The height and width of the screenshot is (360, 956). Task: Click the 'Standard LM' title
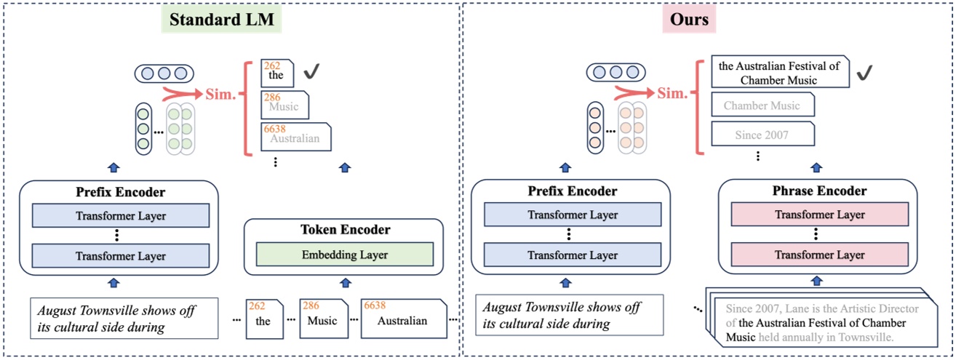(x=222, y=20)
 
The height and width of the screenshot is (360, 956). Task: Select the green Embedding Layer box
(x=345, y=255)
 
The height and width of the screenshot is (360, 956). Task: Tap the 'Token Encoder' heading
(x=345, y=230)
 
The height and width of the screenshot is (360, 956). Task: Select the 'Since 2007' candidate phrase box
(x=762, y=135)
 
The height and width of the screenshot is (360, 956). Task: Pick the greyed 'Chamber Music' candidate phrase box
(x=762, y=105)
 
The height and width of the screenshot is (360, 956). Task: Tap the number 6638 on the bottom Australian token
(x=375, y=305)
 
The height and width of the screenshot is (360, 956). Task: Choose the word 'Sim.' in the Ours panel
(x=673, y=94)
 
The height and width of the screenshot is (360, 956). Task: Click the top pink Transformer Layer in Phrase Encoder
(x=820, y=215)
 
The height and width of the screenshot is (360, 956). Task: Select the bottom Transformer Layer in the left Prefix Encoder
(x=121, y=256)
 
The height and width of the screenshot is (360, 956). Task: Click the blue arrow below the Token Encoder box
(x=345, y=283)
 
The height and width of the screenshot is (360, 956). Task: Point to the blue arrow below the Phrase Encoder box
(x=816, y=281)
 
